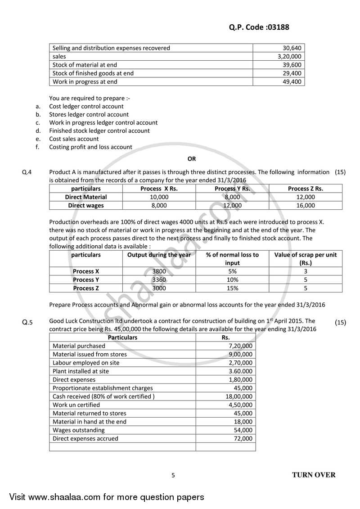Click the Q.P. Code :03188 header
[256, 27]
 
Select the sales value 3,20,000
[290, 56]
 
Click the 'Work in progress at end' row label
[85, 81]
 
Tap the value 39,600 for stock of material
[293, 65]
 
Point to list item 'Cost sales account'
[74, 139]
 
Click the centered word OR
[192, 158]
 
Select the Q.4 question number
[27, 172]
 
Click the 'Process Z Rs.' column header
[305, 189]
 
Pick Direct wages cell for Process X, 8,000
[159, 205]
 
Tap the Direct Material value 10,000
[159, 197]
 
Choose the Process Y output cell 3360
[159, 279]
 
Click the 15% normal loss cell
[232, 288]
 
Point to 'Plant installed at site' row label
[81, 371]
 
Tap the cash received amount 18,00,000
[239, 396]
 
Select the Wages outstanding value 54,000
[243, 430]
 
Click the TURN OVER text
[314, 475]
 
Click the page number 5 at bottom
[173, 475]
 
